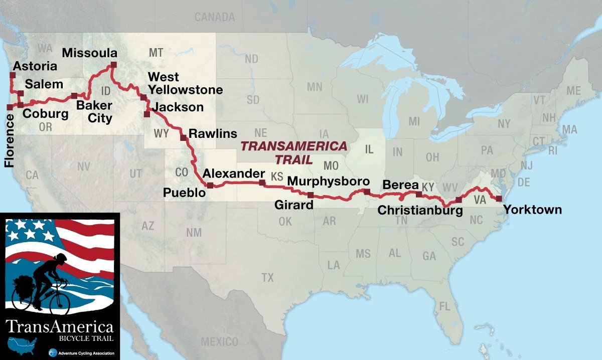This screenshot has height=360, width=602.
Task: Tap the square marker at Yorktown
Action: pos(499,199)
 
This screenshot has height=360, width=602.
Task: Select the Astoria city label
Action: pos(35,66)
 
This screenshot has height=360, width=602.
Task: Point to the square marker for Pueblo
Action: pos(210,186)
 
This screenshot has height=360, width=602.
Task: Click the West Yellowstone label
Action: pos(185,84)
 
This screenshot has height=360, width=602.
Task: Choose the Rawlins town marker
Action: pos(183,136)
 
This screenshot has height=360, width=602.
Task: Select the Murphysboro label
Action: pos(329,181)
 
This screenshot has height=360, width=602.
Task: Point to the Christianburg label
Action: pos(420,211)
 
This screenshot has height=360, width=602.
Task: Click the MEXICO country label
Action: pos(219,342)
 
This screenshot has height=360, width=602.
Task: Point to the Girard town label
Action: pos(293,205)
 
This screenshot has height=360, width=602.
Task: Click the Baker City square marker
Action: pos(74,95)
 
